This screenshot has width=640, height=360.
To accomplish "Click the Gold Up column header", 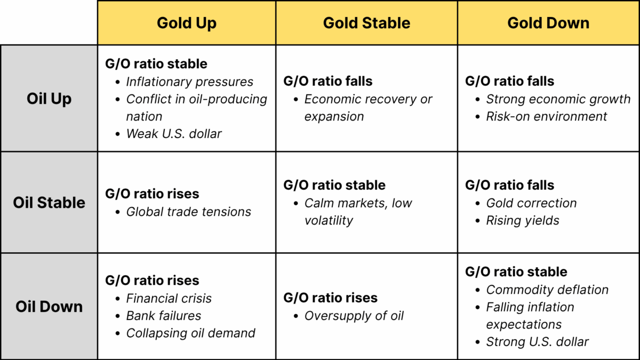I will [187, 23].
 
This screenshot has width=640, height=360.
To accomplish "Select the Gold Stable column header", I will [366, 23].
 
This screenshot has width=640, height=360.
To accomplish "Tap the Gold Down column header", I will [548, 23].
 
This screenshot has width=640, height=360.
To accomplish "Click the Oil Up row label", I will [49, 99].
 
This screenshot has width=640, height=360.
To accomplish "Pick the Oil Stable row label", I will [49, 203].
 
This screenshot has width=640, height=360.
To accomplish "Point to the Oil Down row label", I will [49, 307].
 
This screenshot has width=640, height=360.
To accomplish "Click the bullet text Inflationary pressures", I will [189, 82].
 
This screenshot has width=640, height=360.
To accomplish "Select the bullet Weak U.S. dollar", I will [173, 133].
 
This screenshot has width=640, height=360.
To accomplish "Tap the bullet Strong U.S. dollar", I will [537, 342].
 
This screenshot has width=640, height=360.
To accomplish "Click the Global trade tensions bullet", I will [188, 212].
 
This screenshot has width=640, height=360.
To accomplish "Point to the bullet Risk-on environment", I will [546, 116].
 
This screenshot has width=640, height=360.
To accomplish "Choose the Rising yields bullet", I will [522, 220].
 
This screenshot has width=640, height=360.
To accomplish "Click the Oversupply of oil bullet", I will [354, 316].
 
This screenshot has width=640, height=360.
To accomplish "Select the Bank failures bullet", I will [163, 316].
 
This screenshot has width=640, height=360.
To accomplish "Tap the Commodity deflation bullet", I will [547, 290].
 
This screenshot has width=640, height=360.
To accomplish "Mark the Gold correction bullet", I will [531, 203].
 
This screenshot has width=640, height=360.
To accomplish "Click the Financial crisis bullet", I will [169, 298].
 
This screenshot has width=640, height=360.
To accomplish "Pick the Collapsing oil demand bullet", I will [190, 333].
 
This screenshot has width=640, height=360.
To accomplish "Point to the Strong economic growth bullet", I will [558, 99].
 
